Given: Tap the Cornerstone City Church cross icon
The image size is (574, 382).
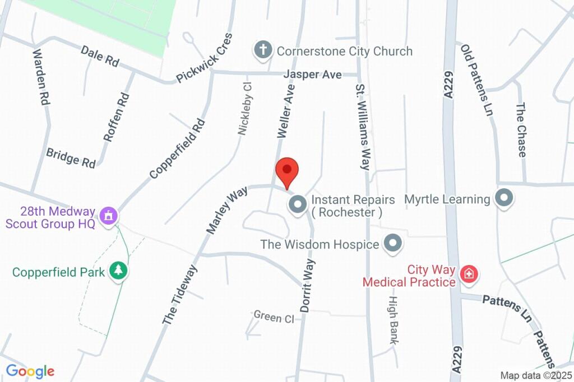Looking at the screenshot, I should click(262, 51).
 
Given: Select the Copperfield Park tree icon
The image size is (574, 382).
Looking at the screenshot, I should click(119, 271).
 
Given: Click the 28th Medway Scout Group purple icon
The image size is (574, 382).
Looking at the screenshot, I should click(108, 215).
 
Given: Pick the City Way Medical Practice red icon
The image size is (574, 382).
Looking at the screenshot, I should click(468, 274).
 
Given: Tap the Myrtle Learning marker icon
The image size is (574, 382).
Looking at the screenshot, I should click(504, 198).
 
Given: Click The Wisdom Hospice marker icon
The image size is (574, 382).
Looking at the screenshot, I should click(393, 244).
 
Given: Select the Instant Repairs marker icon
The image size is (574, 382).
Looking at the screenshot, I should click(297, 204).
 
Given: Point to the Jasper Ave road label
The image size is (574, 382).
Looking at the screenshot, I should click(312, 74).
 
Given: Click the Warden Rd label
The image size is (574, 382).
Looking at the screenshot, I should click(41, 77).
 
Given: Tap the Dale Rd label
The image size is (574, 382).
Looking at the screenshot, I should click(100, 57).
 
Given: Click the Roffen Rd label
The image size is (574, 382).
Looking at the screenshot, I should click(117, 117).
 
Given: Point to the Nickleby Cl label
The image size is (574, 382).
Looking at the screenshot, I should click(245, 108).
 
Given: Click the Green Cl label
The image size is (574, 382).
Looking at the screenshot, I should click(274, 317).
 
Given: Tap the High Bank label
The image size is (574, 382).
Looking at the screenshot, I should click(392, 319).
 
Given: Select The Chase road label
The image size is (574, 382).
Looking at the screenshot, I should click(521, 130).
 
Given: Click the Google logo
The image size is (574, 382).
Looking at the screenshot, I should click(30, 371).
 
